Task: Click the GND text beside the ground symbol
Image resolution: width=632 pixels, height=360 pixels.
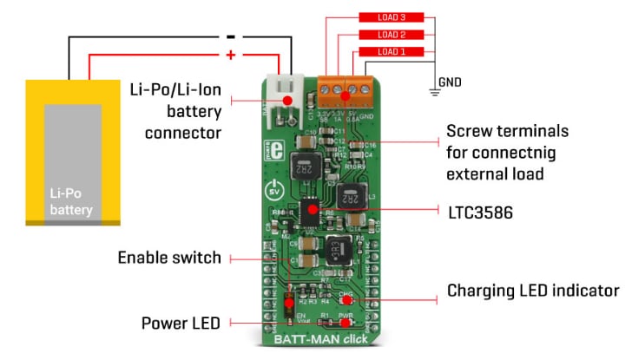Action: [450, 82]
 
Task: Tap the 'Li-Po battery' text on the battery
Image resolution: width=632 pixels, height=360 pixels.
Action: [72, 203]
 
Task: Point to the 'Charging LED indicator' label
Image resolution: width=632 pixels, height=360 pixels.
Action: [532, 290]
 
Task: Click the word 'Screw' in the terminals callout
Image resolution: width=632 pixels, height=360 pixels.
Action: [468, 132]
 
